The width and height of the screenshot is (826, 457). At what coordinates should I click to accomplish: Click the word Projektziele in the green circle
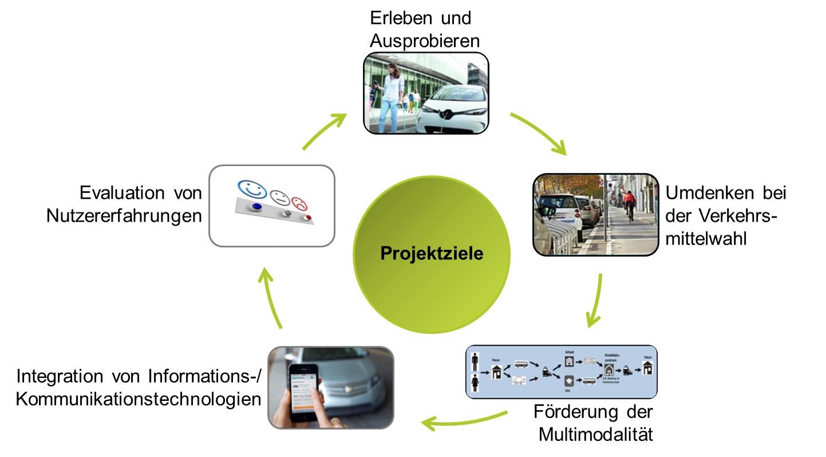point(432,253)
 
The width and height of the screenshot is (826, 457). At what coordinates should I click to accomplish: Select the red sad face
point(299,203)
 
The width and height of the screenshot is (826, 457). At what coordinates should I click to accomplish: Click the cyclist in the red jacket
point(629,203)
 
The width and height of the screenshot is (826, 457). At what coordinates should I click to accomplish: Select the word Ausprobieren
point(424,41)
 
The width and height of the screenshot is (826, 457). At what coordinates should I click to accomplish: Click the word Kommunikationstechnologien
point(139,399)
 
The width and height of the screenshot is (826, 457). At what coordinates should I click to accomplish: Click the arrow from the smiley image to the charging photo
point(325,131)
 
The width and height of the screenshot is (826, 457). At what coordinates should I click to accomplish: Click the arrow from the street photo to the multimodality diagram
point(595,300)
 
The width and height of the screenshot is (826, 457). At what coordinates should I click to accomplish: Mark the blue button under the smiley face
point(256,206)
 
